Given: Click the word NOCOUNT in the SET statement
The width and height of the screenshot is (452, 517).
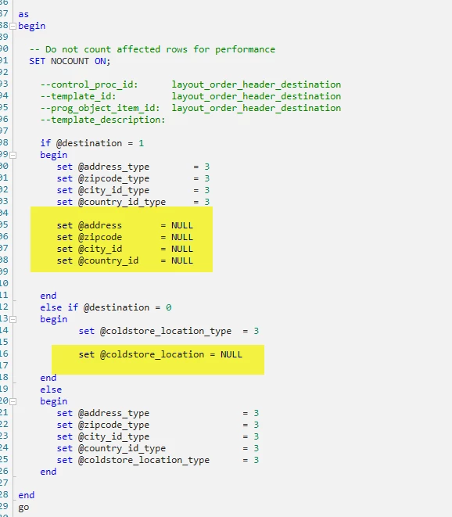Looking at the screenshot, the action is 70,61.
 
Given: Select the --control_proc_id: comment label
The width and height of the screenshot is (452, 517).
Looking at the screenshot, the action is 89,84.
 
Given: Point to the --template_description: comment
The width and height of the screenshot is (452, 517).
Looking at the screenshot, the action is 102,120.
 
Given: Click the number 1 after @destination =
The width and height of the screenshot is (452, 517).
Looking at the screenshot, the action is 141,143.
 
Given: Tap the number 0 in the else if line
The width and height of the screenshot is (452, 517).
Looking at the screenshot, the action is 168,307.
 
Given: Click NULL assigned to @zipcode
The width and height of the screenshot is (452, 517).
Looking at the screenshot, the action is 181,237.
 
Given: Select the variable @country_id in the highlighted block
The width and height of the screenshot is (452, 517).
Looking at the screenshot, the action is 108,260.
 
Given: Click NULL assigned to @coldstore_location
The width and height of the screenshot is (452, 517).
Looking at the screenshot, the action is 231,354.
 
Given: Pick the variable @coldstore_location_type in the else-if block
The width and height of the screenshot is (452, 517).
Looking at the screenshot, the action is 166,331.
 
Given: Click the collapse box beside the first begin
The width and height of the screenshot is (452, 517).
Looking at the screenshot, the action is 13,26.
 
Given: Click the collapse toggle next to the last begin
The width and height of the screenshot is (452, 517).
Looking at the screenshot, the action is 13,401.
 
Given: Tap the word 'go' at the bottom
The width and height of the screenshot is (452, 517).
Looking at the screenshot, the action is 23,507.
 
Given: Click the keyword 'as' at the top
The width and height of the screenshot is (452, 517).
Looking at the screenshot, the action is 23,15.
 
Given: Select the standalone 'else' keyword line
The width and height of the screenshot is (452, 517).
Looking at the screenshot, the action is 51,390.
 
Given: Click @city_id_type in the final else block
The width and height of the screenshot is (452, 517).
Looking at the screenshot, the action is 113,436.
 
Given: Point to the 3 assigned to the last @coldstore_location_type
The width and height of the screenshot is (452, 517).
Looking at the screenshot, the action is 256,460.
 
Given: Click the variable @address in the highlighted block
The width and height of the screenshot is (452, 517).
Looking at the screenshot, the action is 100,225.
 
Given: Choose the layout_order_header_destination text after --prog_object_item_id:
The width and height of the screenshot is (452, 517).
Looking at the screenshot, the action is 256,108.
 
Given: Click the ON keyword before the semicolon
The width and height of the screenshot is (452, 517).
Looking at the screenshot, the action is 100,61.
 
